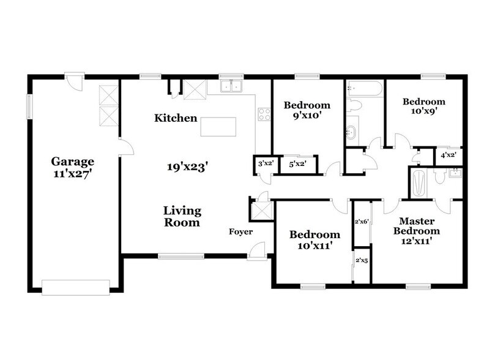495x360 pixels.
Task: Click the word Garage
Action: (x=73, y=162)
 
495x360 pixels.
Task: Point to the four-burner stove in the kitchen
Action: (x=264, y=114)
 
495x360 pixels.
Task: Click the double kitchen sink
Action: (x=232, y=88)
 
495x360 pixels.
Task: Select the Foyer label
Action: (x=240, y=231)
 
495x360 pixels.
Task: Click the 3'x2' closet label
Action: (x=264, y=163)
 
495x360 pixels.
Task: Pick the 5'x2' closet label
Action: (x=297, y=163)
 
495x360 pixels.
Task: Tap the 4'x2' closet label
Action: (x=448, y=156)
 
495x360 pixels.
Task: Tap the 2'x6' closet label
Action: (x=361, y=223)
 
